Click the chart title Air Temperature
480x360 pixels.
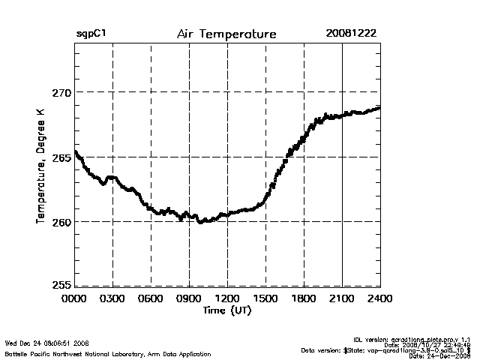point(226,34)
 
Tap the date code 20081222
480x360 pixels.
point(352,34)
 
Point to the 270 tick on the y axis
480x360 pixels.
point(61,92)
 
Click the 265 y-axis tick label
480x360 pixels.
point(61,157)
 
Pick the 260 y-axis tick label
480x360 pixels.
point(61,222)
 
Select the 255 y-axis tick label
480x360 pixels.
point(61,285)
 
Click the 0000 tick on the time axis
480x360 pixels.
point(74,298)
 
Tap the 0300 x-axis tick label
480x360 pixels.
point(112,298)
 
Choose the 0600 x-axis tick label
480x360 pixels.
point(151,298)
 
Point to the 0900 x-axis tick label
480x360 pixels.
point(189,298)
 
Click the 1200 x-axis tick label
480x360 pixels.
point(227,298)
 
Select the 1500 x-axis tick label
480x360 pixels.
point(265,298)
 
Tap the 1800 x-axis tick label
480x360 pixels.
point(304,298)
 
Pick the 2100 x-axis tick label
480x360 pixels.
point(342,298)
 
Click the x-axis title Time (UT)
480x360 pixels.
point(226,310)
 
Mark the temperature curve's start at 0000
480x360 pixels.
point(75,152)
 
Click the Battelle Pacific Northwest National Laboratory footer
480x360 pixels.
point(108,354)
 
